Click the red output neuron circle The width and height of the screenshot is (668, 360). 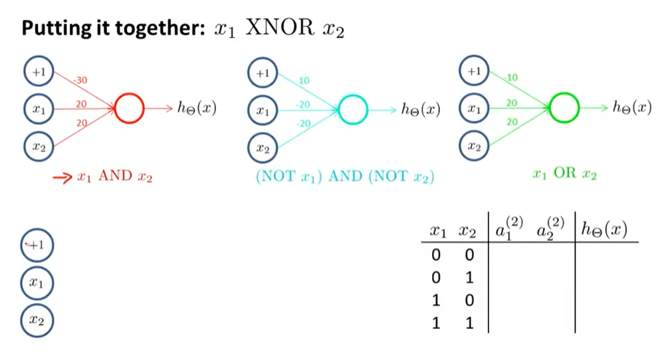pyautogui.click(x=129, y=108)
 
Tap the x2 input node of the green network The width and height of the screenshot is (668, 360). pyautogui.click(x=473, y=145)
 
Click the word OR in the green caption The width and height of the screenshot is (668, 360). pyautogui.click(x=565, y=175)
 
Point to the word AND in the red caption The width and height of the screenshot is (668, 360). pyautogui.click(x=116, y=177)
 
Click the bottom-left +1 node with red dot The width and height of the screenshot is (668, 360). pyautogui.click(x=36, y=245)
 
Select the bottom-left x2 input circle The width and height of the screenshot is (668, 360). pyautogui.click(x=37, y=321)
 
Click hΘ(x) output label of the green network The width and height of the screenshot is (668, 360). pyautogui.click(x=631, y=107)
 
